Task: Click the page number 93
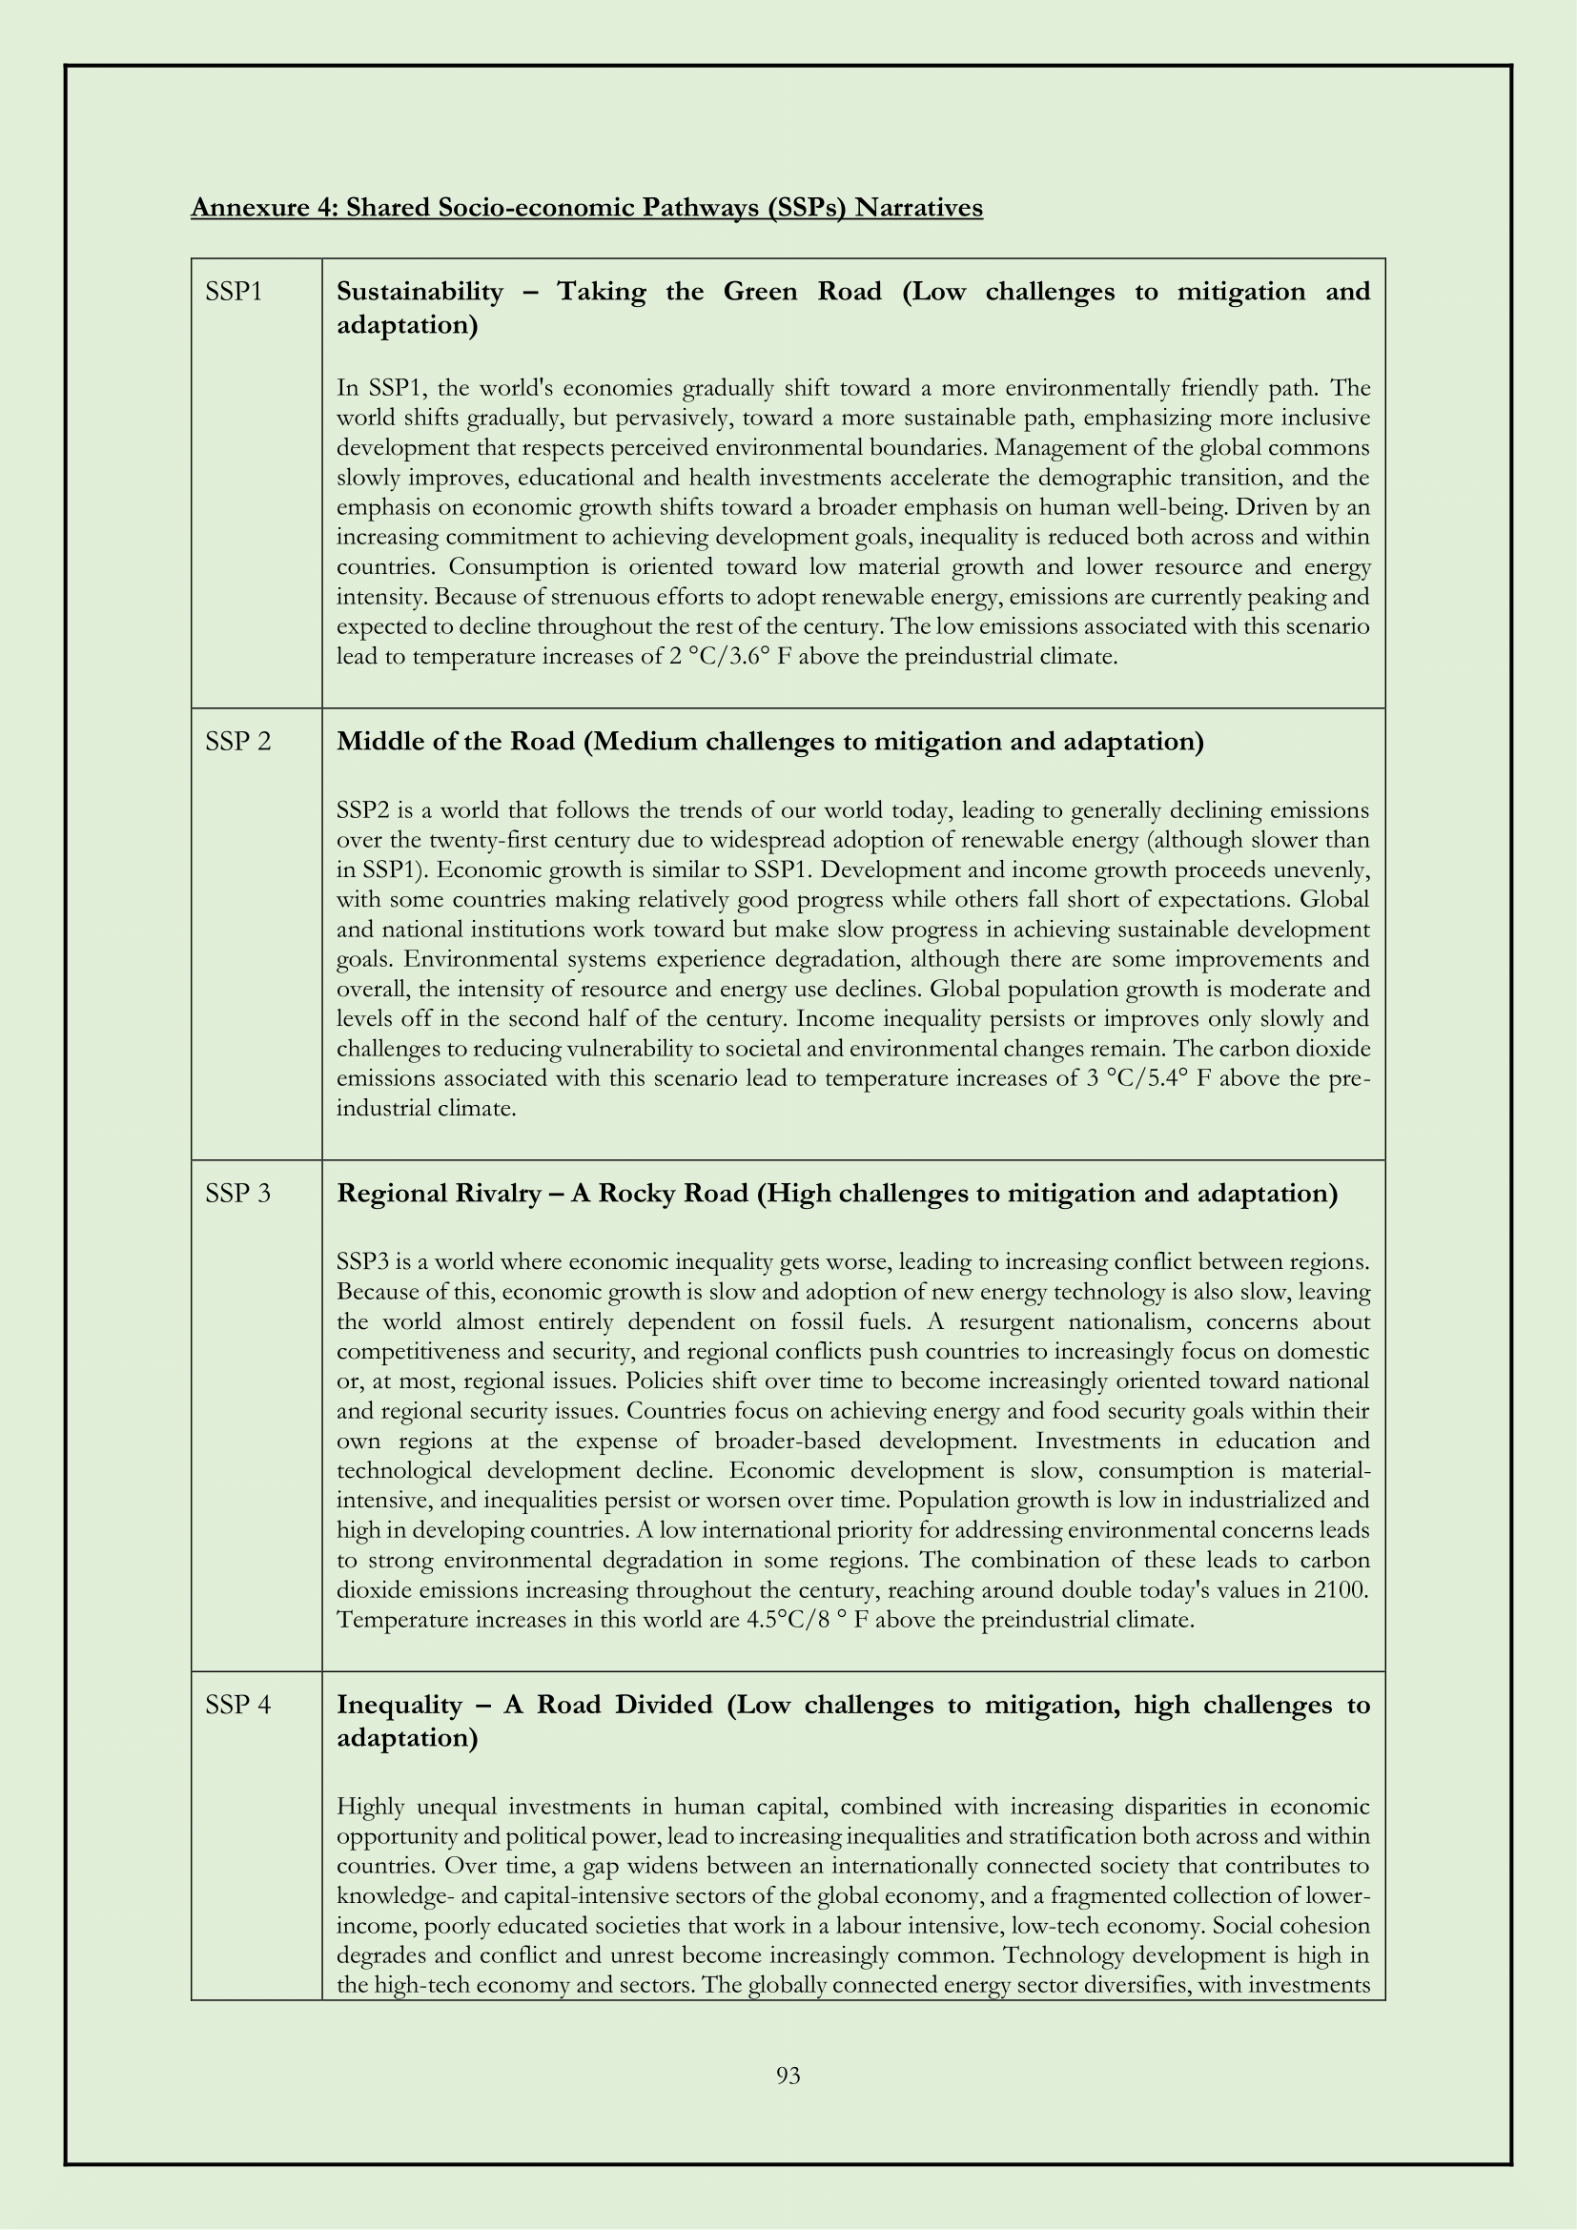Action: [788, 2076]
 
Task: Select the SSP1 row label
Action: [234, 292]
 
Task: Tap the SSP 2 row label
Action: [238, 742]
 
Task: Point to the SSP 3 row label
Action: [238, 1194]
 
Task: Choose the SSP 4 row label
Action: [238, 1705]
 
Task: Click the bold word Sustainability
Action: [420, 292]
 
